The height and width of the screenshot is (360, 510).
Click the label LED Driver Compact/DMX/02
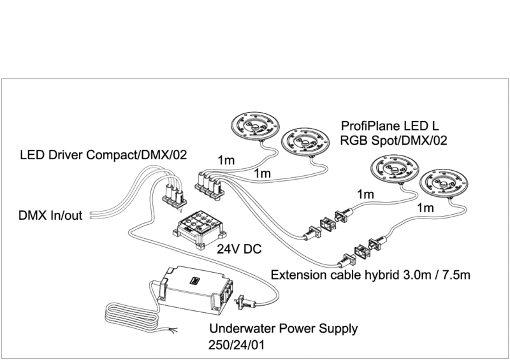(x=103, y=154)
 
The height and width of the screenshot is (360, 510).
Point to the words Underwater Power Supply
(x=284, y=329)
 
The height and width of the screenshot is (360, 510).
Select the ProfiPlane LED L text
(x=391, y=126)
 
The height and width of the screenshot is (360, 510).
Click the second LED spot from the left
(x=305, y=141)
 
